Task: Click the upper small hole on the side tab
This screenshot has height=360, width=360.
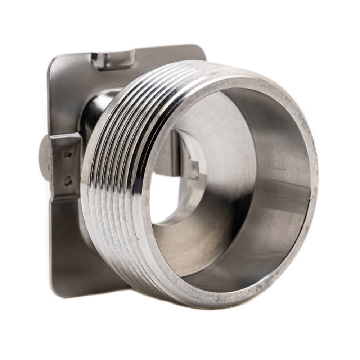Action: pos(67,154)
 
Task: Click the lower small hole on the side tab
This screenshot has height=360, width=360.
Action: pos(67,181)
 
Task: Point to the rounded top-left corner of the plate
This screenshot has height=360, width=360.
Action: pos(54,61)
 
